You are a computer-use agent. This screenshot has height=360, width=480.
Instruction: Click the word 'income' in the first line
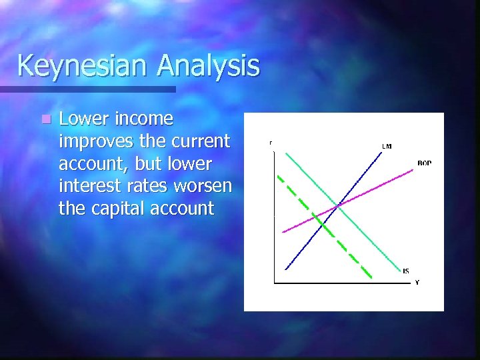coord(143,119)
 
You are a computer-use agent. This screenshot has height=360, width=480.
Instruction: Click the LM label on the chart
coord(386,146)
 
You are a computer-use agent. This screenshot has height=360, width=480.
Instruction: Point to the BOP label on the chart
coord(424,163)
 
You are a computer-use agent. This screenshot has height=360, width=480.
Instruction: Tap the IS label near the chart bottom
coord(406,271)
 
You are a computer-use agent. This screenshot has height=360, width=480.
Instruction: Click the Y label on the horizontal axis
coord(417,282)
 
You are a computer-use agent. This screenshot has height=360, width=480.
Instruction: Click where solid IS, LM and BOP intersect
coord(339,205)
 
